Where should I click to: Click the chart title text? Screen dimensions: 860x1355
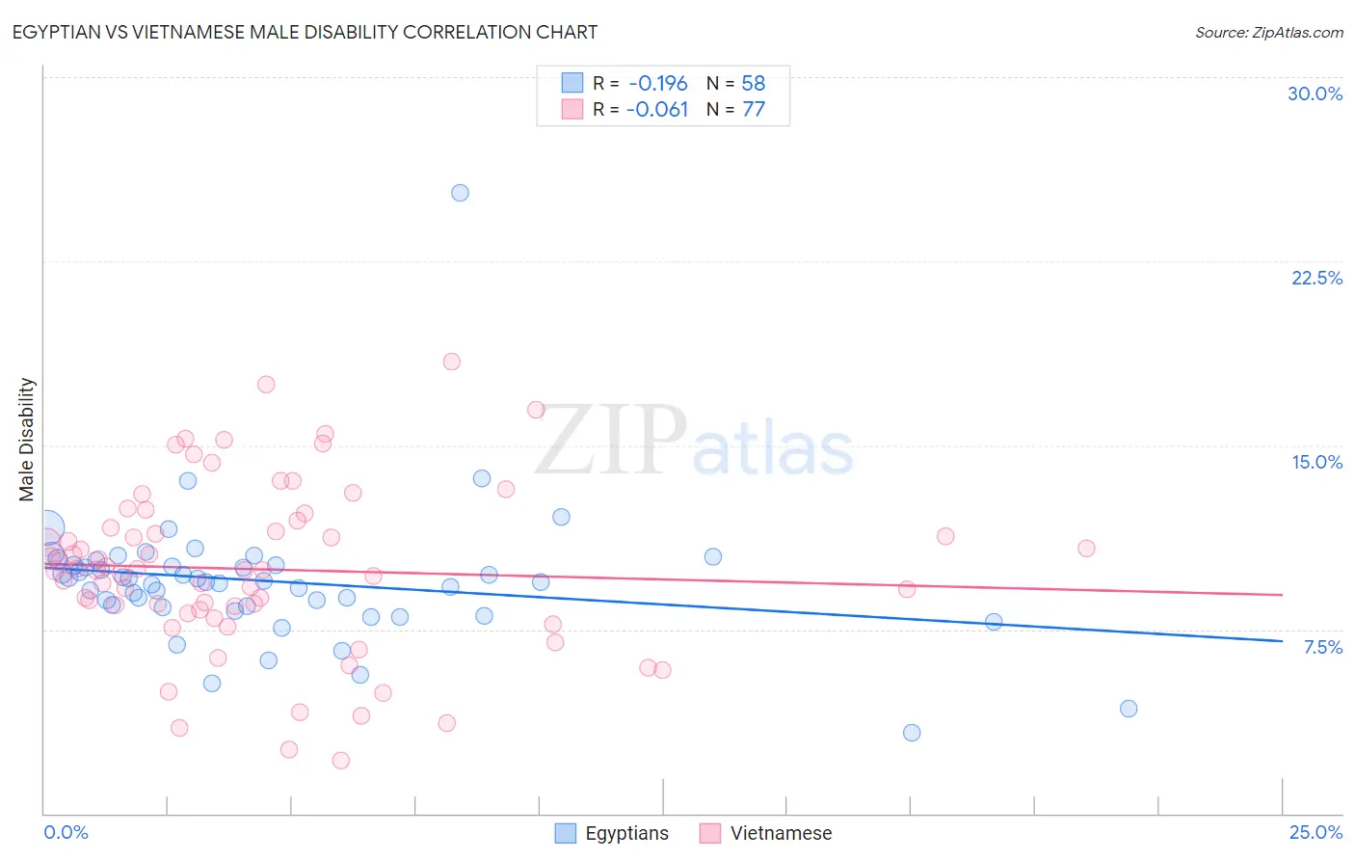point(305,32)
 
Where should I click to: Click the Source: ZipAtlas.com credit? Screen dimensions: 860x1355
point(1268,32)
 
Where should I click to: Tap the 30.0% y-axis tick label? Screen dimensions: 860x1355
point(1315,94)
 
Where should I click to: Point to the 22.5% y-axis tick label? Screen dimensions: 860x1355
point(1316,278)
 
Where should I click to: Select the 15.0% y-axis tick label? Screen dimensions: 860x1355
point(1316,462)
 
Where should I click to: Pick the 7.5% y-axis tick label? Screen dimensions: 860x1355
point(1322,647)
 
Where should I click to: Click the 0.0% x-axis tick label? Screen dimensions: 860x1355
point(66,832)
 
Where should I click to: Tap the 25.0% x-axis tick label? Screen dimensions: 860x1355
point(1315,832)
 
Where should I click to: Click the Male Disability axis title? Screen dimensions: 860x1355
point(27,439)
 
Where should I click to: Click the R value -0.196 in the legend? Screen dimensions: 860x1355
point(657,83)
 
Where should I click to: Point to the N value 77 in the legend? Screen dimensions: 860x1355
point(754,110)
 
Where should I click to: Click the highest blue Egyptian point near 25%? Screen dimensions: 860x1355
point(461,193)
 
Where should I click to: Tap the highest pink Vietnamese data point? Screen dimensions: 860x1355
point(451,362)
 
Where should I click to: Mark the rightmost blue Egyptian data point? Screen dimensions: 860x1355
point(1129,709)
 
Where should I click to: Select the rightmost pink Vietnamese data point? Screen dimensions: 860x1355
point(1086,549)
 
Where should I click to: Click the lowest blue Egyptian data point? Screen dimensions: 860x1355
point(912,733)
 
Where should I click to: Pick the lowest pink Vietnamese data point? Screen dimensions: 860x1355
point(340,761)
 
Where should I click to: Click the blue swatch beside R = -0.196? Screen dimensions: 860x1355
point(572,83)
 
